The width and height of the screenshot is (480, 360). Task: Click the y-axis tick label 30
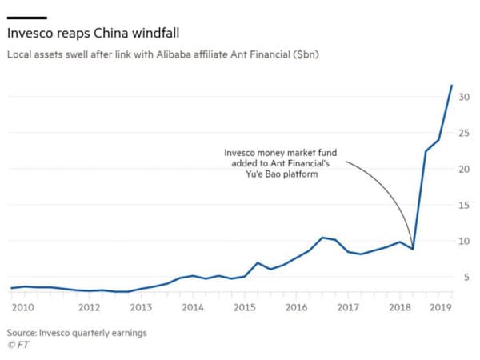(464, 97)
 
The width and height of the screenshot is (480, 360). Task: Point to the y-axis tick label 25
(464, 133)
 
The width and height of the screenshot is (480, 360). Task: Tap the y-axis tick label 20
(464, 169)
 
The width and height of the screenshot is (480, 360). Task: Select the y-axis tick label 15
(464, 205)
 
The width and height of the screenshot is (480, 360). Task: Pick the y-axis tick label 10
(464, 241)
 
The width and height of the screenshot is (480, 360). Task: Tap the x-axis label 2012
(89, 307)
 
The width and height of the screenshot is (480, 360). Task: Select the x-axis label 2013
(141, 307)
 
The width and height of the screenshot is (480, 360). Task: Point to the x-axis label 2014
(192, 307)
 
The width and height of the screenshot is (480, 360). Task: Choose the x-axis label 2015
(244, 307)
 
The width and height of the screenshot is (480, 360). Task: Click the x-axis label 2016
(296, 307)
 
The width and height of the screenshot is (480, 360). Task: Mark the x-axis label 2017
(348, 307)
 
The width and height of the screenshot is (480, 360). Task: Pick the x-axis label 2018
(400, 307)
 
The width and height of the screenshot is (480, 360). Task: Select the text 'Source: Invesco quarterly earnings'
(77, 332)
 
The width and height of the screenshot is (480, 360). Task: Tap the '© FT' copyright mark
(17, 345)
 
